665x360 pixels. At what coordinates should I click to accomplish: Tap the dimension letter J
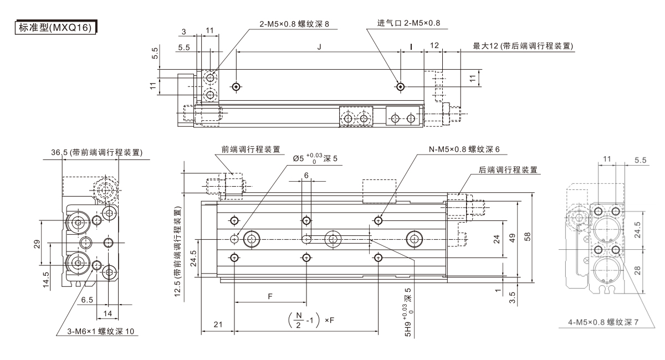click(319, 47)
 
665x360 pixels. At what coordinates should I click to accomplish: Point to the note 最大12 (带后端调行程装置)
click(523, 46)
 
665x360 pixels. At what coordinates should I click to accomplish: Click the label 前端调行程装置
click(251, 149)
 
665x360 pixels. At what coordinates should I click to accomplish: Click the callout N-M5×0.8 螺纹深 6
click(464, 149)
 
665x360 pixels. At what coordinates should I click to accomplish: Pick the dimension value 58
click(528, 236)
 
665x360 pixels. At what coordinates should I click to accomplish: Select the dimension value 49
click(513, 238)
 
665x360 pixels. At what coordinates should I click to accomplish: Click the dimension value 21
click(217, 323)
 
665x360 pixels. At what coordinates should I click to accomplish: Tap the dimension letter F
click(270, 297)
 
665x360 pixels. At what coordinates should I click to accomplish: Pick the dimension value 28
click(637, 270)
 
